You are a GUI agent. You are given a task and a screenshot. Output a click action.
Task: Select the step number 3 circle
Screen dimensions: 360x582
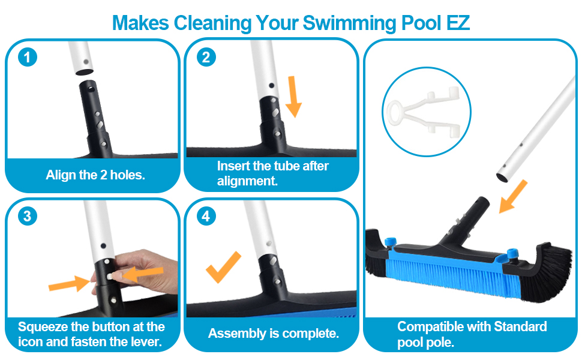tap(28, 215)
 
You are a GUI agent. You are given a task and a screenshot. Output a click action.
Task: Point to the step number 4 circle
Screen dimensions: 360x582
tap(206, 215)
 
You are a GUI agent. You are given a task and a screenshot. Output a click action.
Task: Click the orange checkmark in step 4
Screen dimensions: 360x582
tap(223, 268)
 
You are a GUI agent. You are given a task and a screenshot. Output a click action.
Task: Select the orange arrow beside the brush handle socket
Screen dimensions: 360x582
tap(513, 196)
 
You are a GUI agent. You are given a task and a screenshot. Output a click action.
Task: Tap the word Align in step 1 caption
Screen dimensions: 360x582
tap(61, 175)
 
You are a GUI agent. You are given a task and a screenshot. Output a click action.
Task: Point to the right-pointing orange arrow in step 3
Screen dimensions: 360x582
tap(68, 281)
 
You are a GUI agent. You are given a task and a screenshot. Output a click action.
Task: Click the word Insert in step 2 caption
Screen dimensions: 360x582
tap(233, 166)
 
